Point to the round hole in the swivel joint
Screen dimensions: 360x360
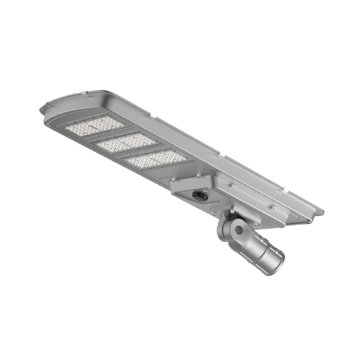pyautogui.click(x=239, y=229)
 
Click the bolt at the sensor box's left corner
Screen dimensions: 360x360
pyautogui.click(x=173, y=180)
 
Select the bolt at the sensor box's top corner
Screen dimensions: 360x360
pyautogui.click(x=198, y=173)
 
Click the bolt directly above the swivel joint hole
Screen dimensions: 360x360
pyautogui.click(x=232, y=212)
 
